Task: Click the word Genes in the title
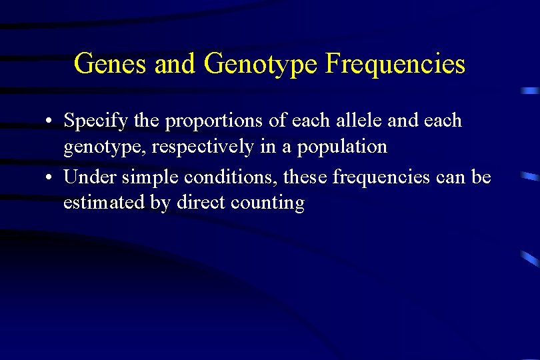[111, 64]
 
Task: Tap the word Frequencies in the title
[395, 64]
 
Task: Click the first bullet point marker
[50, 121]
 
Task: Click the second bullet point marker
[50, 178]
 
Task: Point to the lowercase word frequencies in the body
[379, 177]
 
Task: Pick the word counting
[272, 203]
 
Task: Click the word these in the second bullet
[305, 177]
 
